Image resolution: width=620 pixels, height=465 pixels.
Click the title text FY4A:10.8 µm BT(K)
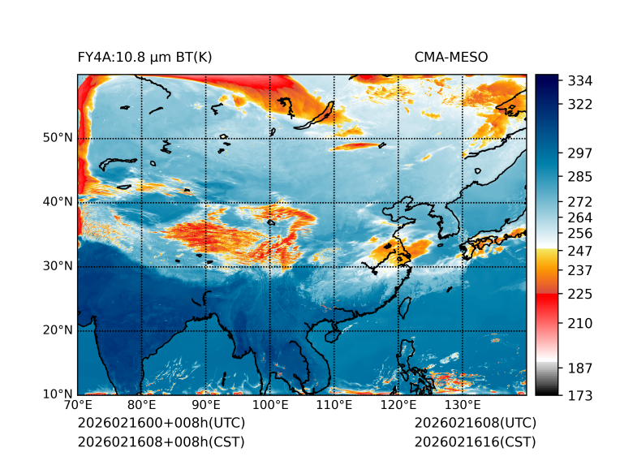(144, 57)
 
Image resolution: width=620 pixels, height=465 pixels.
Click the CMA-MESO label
(450, 57)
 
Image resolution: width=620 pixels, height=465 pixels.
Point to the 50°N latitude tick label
(58, 138)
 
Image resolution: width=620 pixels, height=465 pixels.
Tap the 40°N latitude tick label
(58, 202)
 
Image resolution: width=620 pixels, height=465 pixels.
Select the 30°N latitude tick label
(58, 266)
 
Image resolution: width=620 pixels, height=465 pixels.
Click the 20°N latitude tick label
(58, 330)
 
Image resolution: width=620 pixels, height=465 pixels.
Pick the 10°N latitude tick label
(58, 394)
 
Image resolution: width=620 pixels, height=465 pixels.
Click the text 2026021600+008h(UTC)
(161, 424)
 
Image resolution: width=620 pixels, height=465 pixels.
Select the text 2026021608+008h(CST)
(161, 441)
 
